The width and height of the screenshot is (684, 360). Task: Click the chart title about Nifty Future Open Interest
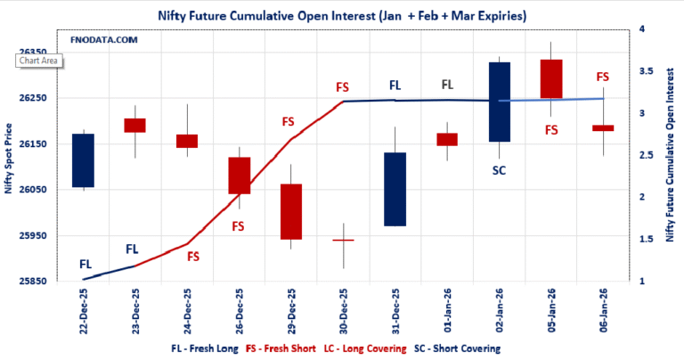pyautogui.click(x=342, y=16)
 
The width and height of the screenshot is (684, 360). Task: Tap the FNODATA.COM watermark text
pyautogui.click(x=102, y=40)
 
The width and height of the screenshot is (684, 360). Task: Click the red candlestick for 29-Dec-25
pyautogui.click(x=291, y=211)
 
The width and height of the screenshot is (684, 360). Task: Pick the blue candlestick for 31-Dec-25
pyautogui.click(x=395, y=189)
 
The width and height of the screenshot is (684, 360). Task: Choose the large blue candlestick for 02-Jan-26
pyautogui.click(x=499, y=102)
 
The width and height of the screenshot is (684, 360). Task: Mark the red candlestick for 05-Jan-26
pyautogui.click(x=551, y=78)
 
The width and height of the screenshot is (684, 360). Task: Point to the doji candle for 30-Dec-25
pyautogui.click(x=343, y=240)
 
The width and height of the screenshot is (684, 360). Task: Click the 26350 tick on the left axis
pyautogui.click(x=32, y=52)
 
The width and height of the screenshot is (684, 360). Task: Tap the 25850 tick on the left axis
pyautogui.click(x=32, y=282)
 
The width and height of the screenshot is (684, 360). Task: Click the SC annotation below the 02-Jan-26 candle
pyautogui.click(x=499, y=169)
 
